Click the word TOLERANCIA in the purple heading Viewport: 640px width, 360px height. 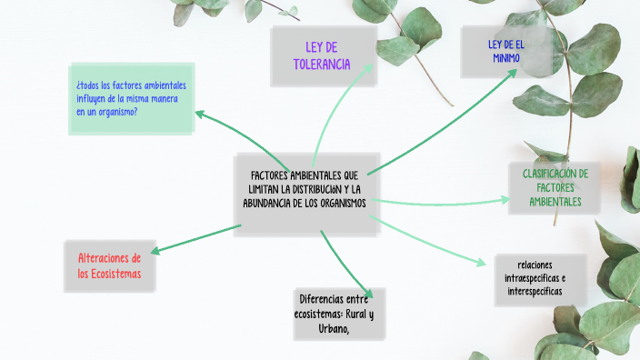[x=322, y=65]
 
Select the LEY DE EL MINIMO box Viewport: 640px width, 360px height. [x=506, y=52]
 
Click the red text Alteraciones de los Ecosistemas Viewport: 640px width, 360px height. [x=109, y=265]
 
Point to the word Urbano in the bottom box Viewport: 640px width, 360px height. [x=334, y=329]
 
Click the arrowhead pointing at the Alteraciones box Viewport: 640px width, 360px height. [x=155, y=250]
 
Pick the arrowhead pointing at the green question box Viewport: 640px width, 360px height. [x=200, y=115]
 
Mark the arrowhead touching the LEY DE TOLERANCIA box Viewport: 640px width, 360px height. [x=368, y=68]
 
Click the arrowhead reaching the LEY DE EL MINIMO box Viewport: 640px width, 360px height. [x=512, y=74]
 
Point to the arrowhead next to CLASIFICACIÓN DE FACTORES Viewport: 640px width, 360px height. [x=505, y=200]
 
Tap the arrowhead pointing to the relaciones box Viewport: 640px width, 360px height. [x=481, y=263]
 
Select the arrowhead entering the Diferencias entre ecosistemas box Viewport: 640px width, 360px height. [x=368, y=294]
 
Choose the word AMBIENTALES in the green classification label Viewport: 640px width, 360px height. [x=555, y=202]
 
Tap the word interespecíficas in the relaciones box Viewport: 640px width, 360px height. [x=535, y=292]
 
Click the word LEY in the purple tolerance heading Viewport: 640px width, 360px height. [x=314, y=47]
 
